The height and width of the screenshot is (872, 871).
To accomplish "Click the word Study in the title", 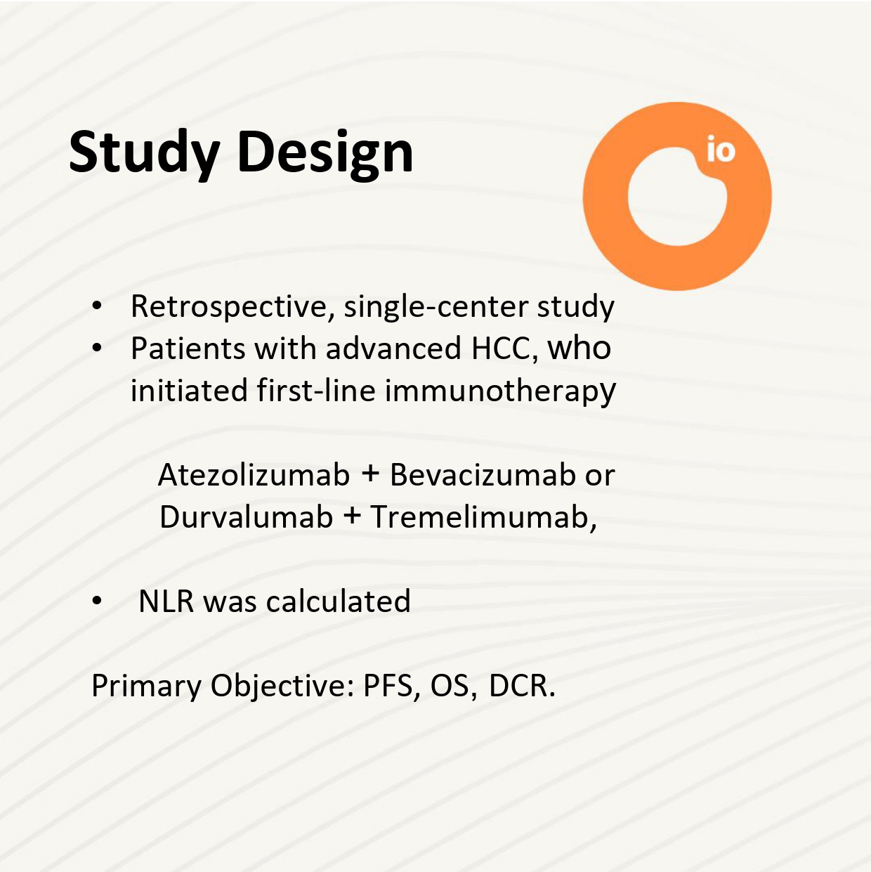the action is pyautogui.click(x=144, y=152).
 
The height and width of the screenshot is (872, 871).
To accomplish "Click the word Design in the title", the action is pyautogui.click(x=325, y=152).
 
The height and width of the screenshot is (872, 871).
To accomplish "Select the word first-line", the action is pyautogui.click(x=316, y=390).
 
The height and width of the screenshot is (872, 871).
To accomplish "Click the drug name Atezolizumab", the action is pyautogui.click(x=254, y=476).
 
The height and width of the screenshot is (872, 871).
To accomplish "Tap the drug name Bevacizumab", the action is pyautogui.click(x=483, y=476).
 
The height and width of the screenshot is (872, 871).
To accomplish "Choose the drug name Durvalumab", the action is pyautogui.click(x=246, y=517).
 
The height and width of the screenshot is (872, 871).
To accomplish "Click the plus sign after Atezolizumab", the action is pyautogui.click(x=370, y=476).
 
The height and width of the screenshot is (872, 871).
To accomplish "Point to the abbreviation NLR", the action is pyautogui.click(x=166, y=602).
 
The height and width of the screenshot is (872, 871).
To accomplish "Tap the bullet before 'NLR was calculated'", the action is pyautogui.click(x=97, y=601).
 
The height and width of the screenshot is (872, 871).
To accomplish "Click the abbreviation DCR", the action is pyautogui.click(x=522, y=686).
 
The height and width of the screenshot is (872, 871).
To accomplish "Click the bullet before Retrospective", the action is pyautogui.click(x=97, y=306).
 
